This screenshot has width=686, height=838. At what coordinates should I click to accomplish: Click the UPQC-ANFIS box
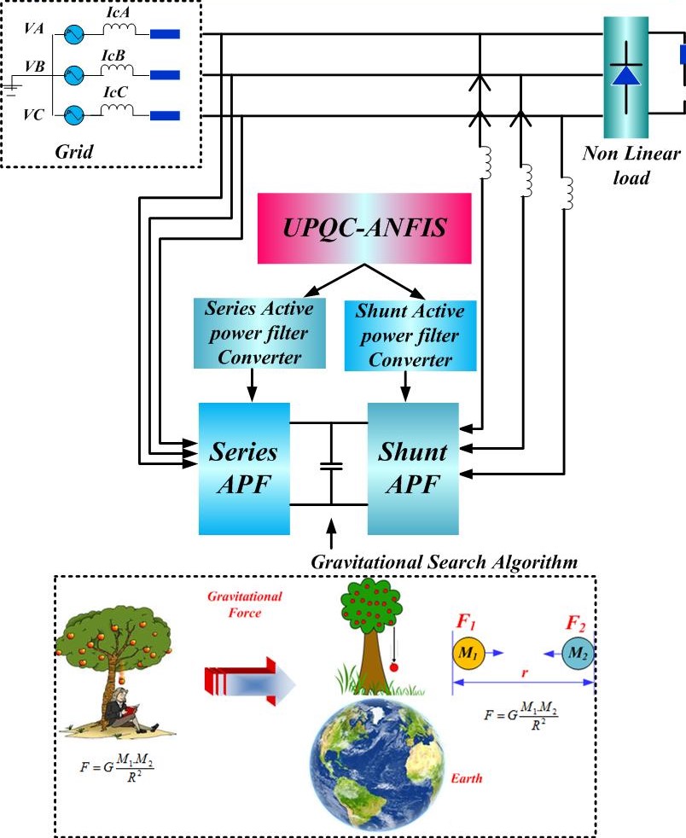365,228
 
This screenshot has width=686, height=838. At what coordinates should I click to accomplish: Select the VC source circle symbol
75,113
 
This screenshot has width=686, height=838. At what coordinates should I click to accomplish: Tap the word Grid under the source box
73,151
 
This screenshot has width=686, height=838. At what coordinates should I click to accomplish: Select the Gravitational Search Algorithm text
445,562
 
